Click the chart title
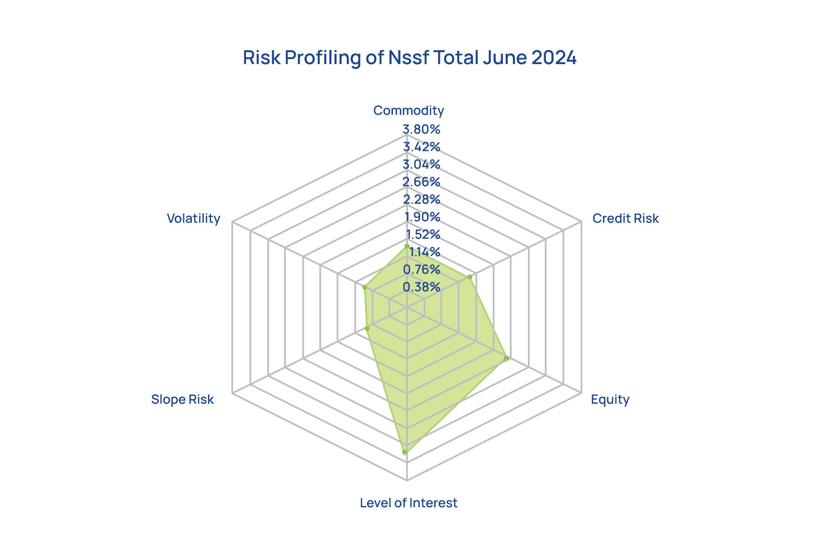(410, 58)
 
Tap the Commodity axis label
(409, 111)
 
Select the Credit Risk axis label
(625, 218)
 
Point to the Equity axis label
(610, 400)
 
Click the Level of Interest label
(408, 503)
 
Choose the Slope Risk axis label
(182, 400)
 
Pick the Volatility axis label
(193, 218)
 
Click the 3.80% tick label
(422, 129)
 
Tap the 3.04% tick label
(422, 164)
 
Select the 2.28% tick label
(422, 199)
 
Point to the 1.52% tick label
(423, 234)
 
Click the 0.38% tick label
(422, 287)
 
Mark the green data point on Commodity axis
(407, 246)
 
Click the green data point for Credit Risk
(470, 277)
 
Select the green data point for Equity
(507, 358)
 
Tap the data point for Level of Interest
(404, 452)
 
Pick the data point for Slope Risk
(367, 328)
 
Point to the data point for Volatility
(365, 287)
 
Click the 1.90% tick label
(422, 217)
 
